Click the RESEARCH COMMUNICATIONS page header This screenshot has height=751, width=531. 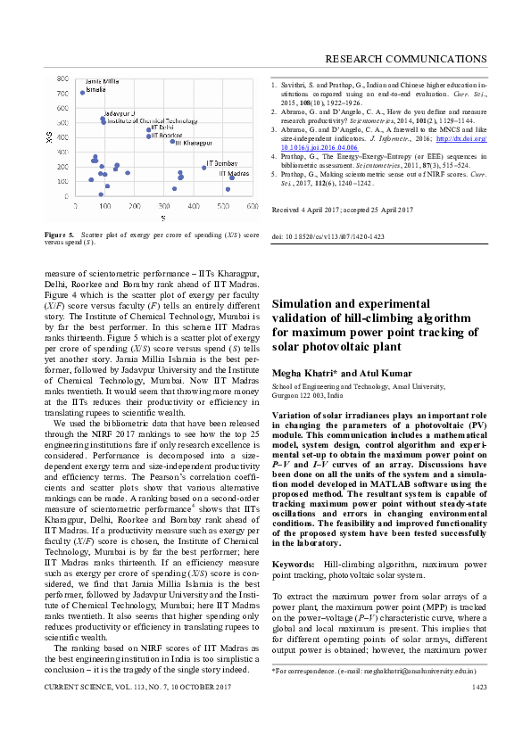click(x=405, y=59)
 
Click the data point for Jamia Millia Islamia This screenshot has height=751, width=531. click(x=83, y=92)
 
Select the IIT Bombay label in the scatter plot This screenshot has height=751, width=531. click(x=222, y=164)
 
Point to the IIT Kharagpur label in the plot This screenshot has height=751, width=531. click(x=194, y=143)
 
